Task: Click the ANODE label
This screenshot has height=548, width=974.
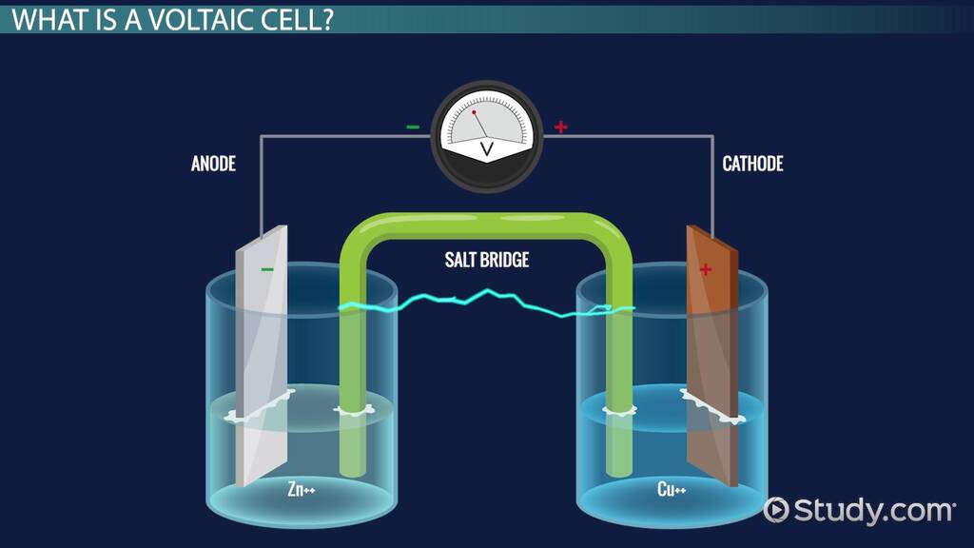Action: tap(213, 165)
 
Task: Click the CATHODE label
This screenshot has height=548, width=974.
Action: tap(752, 165)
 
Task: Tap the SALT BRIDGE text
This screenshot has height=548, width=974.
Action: tap(486, 260)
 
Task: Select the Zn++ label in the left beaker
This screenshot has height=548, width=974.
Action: tap(302, 490)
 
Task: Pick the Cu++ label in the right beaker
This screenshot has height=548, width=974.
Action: tap(672, 490)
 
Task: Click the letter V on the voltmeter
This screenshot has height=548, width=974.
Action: tap(487, 149)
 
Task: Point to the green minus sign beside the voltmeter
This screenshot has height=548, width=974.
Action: tap(412, 127)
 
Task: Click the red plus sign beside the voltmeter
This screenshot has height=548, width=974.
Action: tap(561, 127)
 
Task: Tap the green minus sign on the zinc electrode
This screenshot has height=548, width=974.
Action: tap(267, 269)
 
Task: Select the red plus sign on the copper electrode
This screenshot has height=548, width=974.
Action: tap(706, 269)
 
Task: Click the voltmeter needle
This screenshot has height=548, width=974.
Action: tap(480, 123)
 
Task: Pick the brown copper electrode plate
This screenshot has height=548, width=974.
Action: tap(713, 362)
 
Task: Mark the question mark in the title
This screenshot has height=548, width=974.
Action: tap(327, 20)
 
